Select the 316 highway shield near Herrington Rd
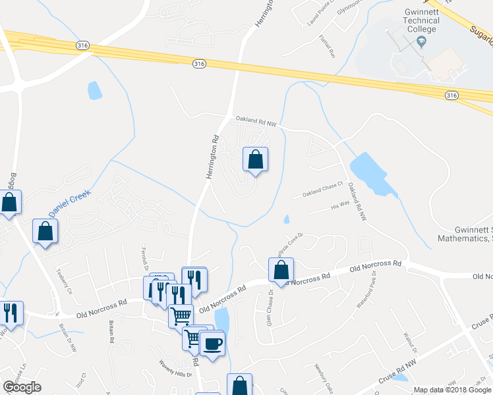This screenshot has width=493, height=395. point(200,63)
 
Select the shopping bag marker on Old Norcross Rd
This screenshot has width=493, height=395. point(281,270)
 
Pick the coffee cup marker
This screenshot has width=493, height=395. point(212,343)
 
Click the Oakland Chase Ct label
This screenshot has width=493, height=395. point(323,190)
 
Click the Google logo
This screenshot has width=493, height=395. point(22,387)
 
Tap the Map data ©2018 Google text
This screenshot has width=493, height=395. point(451,390)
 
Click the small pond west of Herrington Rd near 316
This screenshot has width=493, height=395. point(95,90)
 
